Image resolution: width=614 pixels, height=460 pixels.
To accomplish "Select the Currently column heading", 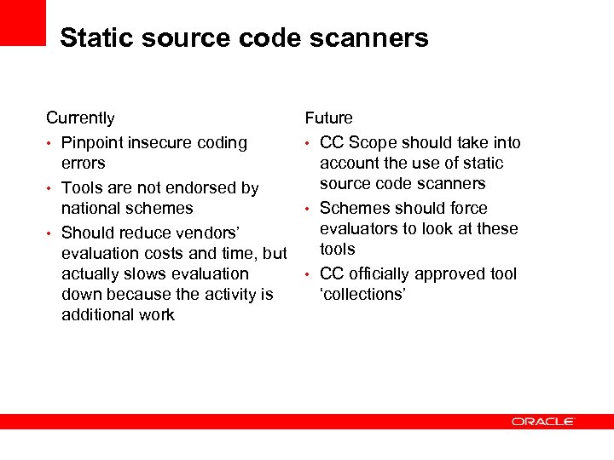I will point(80,118).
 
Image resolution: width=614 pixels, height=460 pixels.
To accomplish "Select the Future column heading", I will point(328,118).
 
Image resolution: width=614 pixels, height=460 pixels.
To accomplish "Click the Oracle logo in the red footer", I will point(543,421).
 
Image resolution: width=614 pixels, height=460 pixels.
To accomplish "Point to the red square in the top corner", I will point(22,22).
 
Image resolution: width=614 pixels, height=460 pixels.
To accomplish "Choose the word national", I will point(92,208).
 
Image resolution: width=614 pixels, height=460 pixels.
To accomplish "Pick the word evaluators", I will point(358,228).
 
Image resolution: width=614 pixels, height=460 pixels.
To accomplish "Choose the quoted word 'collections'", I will point(362,294).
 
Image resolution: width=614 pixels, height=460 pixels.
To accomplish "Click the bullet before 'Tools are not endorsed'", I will point(50,188).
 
